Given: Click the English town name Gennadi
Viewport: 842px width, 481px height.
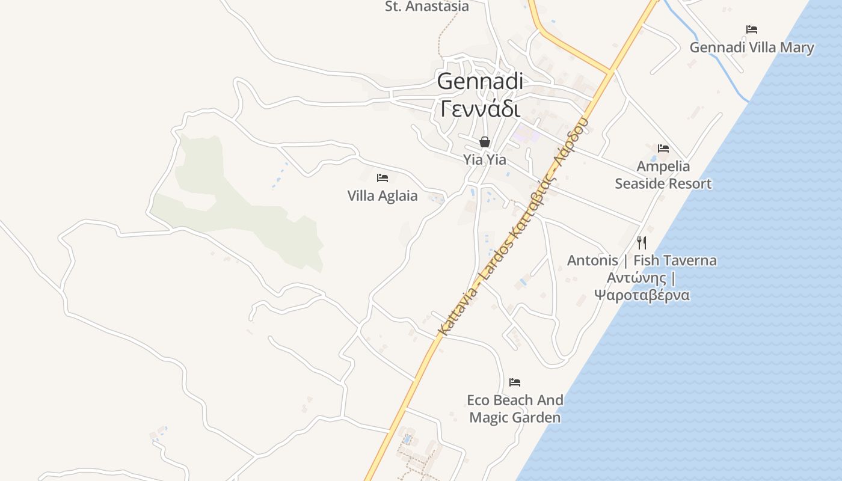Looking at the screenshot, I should tap(480, 81).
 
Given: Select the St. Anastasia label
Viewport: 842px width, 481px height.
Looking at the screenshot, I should tap(427, 7).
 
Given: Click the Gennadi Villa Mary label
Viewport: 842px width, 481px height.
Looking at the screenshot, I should tap(752, 47).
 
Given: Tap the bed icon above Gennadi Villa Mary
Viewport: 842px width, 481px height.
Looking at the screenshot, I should tap(751, 29).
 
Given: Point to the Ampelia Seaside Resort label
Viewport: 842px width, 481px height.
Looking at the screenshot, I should tap(663, 175).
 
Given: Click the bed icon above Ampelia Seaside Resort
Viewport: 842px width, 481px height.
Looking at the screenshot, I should tap(663, 148).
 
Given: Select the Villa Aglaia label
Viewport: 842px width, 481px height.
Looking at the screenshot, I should tap(383, 195).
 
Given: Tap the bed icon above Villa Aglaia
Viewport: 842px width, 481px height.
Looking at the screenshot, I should tap(382, 177).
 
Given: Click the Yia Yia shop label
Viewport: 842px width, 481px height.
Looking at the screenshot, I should tap(484, 160).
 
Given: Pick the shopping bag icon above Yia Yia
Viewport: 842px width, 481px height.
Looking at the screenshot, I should tap(484, 142).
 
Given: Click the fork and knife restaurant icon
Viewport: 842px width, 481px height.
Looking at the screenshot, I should tap(642, 242).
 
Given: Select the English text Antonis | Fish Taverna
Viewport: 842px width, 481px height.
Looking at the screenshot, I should tap(642, 260).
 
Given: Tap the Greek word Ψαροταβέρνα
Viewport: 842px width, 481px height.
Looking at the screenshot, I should tap(642, 295).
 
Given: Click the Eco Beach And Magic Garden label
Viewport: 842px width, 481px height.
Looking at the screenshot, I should tap(515, 408).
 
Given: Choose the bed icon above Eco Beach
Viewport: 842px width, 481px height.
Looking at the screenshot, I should tap(514, 382).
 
